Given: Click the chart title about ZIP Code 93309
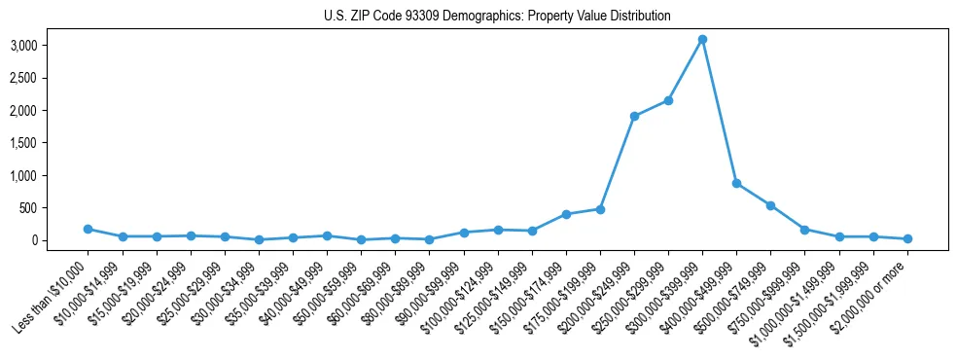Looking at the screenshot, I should click(x=497, y=17).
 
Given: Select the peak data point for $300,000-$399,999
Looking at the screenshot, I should click(x=702, y=40).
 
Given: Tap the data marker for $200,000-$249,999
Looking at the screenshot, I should click(x=634, y=117).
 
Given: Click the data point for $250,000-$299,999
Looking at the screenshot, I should click(x=668, y=100).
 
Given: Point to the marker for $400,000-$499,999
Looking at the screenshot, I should click(x=736, y=183).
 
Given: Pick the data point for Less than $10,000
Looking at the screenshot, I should click(x=89, y=230).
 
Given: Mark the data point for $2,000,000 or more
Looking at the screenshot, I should click(x=907, y=238).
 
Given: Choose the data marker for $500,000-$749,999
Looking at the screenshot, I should click(x=770, y=205).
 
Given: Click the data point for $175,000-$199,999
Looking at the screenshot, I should click(x=600, y=209).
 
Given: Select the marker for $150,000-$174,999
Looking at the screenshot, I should click(x=566, y=214).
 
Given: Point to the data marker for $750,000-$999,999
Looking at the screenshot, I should click(x=804, y=230).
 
